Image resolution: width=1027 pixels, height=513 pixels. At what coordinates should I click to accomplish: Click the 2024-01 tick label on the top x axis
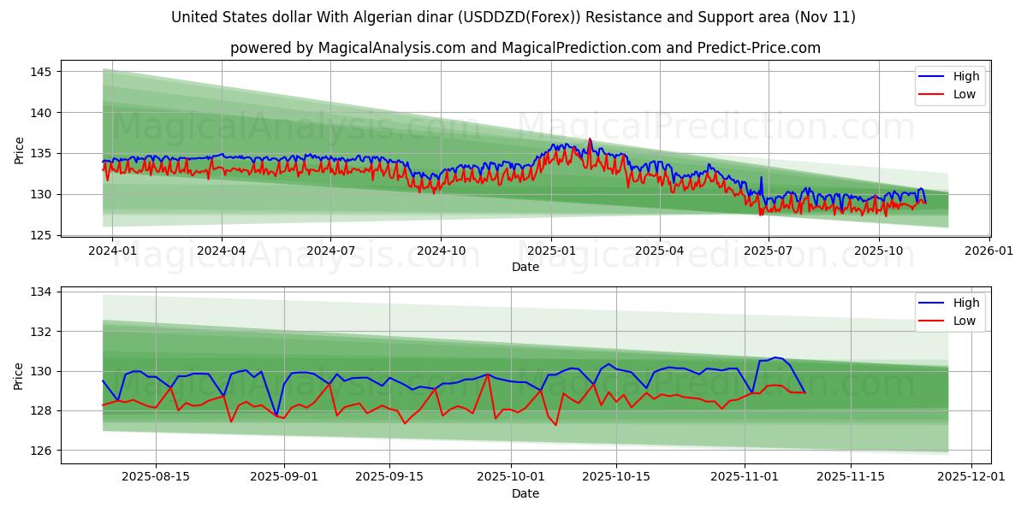[112, 251]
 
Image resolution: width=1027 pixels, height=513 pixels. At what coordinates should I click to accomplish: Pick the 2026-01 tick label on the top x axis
[989, 251]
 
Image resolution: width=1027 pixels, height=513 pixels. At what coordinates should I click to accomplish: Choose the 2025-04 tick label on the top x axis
[660, 251]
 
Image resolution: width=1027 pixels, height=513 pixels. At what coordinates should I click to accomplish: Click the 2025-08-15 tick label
[155, 477]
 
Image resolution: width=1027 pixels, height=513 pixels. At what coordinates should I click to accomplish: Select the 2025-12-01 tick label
[972, 477]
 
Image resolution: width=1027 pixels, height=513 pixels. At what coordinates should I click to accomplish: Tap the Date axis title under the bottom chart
[525, 493]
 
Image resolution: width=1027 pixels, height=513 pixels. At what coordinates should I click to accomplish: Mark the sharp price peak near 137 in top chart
[589, 139]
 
